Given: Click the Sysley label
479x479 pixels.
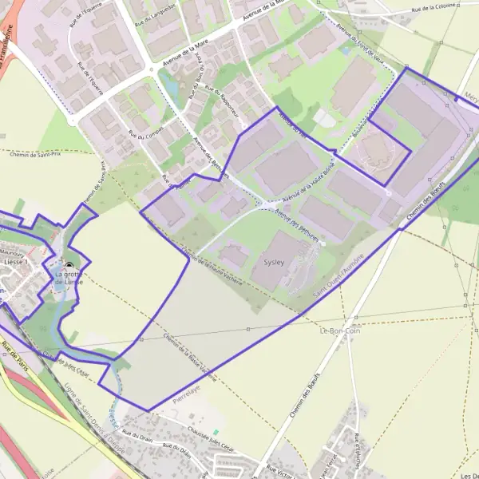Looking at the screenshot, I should coord(273,261).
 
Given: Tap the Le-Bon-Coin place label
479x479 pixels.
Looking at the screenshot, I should coord(338,331).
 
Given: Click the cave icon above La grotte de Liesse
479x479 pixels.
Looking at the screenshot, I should coord(69,267).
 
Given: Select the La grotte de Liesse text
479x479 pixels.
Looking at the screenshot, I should coord(69,278).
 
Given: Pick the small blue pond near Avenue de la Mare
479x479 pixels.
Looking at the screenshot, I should coord(172,85).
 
